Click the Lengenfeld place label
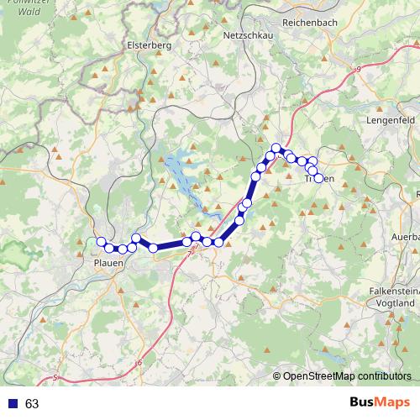(392, 121)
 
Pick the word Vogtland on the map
(394, 302)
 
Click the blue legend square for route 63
(13, 404)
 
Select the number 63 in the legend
(32, 404)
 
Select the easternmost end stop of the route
(318, 177)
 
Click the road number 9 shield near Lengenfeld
(359, 68)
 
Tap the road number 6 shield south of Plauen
(139, 362)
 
